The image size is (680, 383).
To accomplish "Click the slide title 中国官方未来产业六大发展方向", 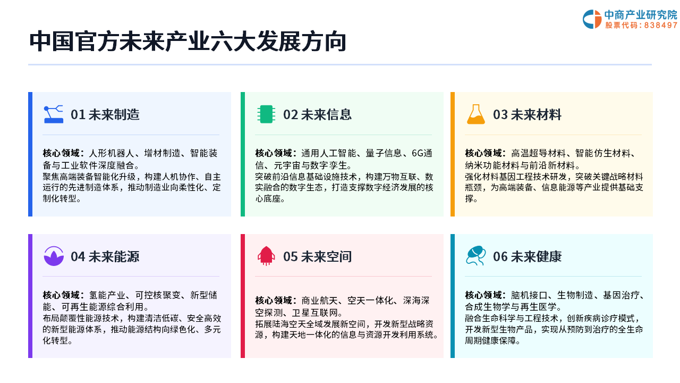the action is coord(188,41).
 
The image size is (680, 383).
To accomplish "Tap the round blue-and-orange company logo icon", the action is coord(592,19).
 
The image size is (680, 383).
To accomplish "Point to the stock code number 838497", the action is coord(660,25).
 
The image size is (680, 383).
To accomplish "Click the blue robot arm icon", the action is coord(54,114).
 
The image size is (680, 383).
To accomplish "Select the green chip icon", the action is coord(266,114).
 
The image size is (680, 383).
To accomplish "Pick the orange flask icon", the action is coord(475,114).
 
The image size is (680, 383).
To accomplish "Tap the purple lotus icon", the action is coord(54,256).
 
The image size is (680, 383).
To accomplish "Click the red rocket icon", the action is coord(266,256).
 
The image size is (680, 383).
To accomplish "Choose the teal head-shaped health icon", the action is coord(475,256).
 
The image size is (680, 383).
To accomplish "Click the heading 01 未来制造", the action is coord(105,114).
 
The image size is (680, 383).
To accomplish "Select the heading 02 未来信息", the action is coord(317,114).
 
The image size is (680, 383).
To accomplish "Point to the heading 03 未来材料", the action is coord(528,114).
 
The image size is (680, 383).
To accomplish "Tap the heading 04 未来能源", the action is coord(105,256).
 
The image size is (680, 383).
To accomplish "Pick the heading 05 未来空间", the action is coord(317,256).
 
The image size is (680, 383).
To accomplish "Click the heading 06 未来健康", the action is coord(528,256).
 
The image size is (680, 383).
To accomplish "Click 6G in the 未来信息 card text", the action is coord(417,153).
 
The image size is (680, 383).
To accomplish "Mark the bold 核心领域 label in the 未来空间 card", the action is coord(274,301).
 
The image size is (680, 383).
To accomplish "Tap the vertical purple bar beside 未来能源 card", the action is coord(30,296).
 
